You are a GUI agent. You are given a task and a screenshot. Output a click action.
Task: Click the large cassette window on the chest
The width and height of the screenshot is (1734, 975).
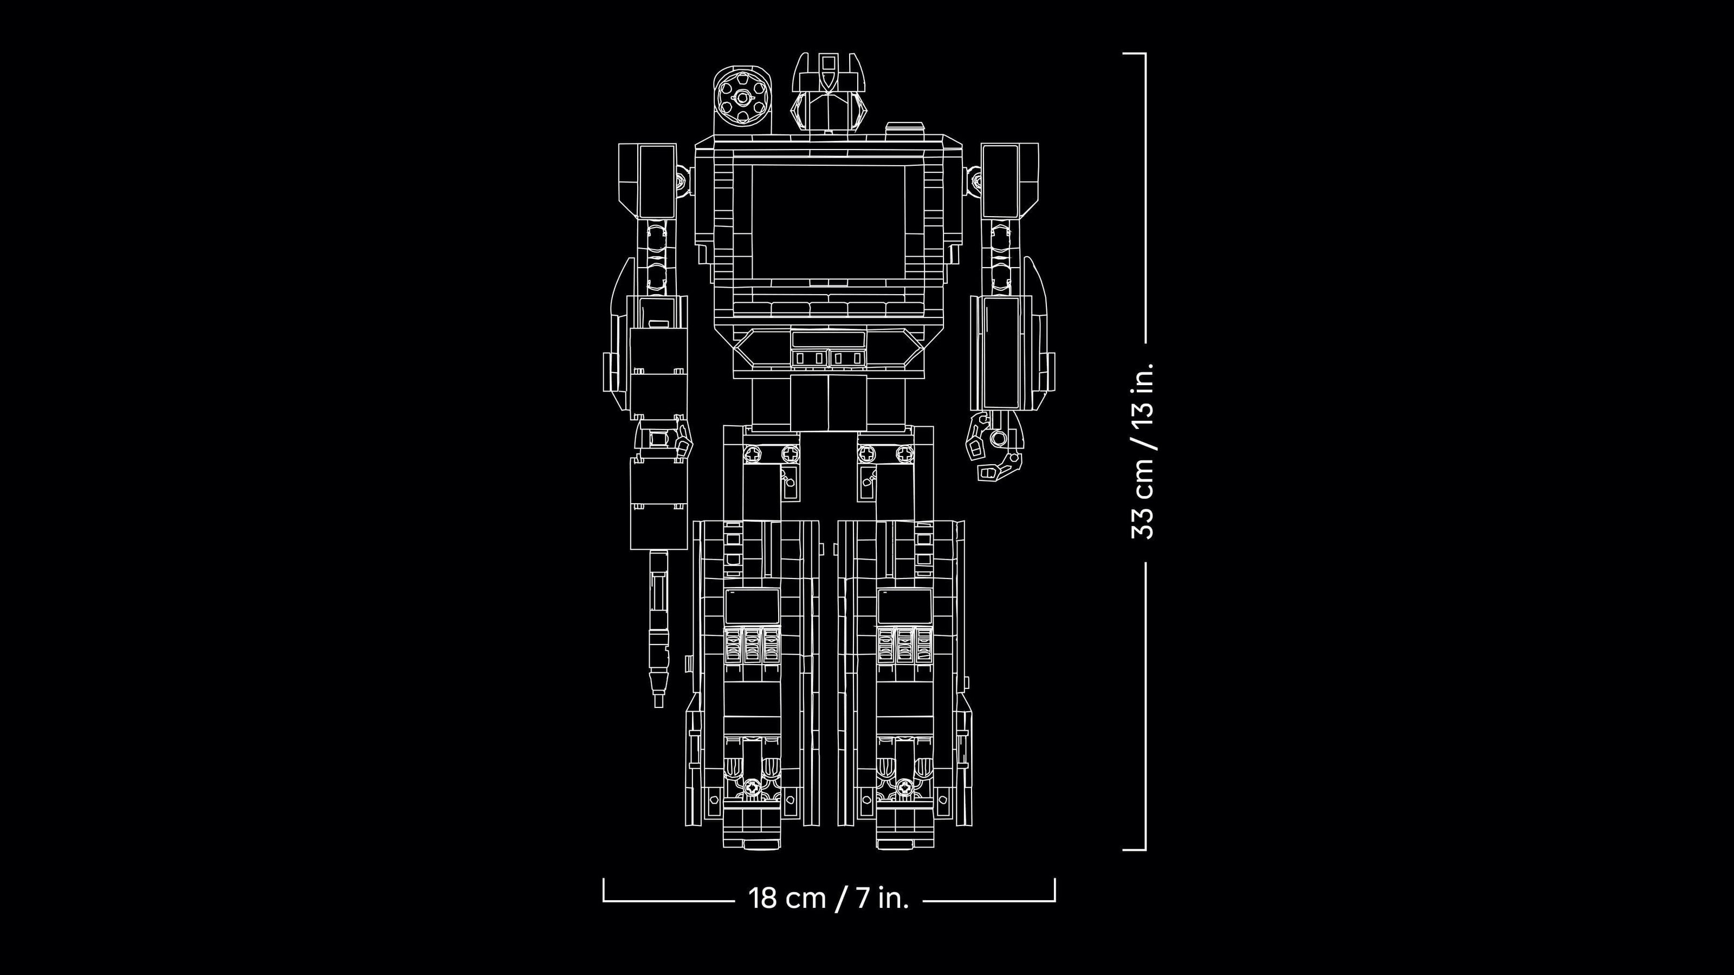(x=828, y=222)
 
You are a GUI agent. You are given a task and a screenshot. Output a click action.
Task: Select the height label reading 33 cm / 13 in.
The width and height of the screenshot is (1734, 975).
(x=1143, y=451)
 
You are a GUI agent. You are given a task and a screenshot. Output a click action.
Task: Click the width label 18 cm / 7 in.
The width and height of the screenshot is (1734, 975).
(x=829, y=898)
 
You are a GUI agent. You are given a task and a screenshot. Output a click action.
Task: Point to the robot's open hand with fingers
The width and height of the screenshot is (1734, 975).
(x=995, y=447)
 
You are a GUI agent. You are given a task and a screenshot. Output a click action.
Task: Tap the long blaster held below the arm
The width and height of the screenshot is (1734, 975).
(x=658, y=626)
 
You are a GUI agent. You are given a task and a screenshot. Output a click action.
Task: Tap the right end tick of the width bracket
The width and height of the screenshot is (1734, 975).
(x=1054, y=888)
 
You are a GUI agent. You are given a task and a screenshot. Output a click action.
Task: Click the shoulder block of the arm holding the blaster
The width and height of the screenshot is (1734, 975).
(x=648, y=178)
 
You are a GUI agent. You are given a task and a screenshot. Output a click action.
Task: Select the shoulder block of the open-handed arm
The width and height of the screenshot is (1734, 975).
(x=1010, y=178)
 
